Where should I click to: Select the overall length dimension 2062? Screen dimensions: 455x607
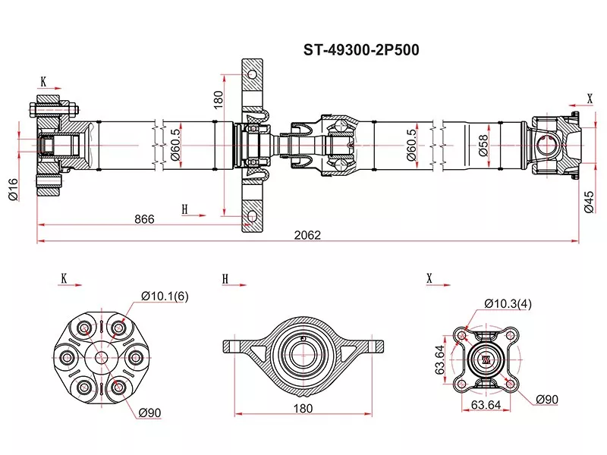(309, 235)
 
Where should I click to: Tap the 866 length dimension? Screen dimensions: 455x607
(144, 219)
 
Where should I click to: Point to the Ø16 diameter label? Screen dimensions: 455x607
(13, 189)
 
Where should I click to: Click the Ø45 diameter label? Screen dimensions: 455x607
(589, 201)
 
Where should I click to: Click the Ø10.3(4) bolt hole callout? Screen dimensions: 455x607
(508, 303)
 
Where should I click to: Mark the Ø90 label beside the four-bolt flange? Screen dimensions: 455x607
(548, 399)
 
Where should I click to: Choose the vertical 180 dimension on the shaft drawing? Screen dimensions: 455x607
(218, 99)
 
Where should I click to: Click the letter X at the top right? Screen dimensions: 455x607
(590, 98)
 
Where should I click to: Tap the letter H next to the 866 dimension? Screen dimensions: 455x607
(184, 209)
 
